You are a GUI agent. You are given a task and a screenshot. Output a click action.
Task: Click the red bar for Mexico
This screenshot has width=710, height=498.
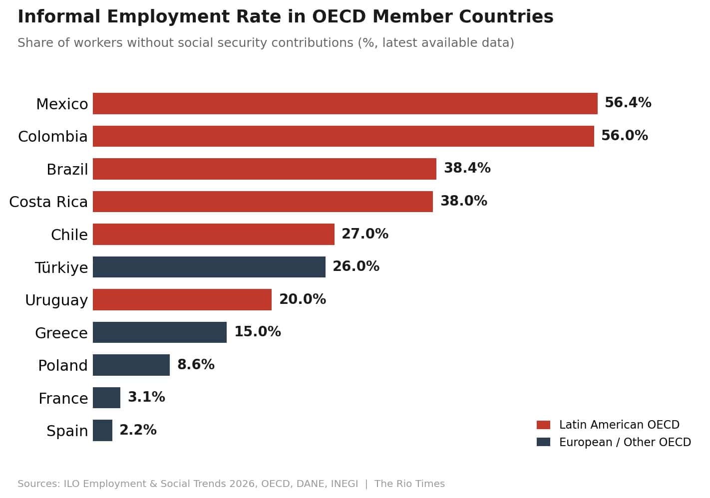345,104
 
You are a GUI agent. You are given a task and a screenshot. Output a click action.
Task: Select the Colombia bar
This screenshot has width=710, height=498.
344,136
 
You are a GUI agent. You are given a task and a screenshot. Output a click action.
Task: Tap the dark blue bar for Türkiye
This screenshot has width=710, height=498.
209,267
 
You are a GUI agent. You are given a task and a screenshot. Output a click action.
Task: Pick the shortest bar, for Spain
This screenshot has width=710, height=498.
102,430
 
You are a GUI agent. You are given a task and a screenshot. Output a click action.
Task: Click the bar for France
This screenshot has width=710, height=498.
106,398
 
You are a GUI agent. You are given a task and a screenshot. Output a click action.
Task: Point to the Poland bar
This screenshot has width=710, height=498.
131,365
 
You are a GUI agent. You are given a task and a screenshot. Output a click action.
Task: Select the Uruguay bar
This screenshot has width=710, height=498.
182,300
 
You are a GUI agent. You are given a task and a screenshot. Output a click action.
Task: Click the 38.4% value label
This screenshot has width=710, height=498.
467,168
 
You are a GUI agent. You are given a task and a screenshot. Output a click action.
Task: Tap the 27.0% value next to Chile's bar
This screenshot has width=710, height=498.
365,234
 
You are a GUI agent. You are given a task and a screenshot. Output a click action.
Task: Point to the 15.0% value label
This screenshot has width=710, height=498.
258,332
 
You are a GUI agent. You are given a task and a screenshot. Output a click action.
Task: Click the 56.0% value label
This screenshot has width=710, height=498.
625,135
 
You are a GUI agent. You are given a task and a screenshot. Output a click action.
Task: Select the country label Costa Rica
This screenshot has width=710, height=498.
48,202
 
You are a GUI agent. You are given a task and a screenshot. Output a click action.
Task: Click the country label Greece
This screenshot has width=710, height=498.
61,333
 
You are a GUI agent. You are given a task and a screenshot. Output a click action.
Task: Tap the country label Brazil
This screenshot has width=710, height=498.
67,169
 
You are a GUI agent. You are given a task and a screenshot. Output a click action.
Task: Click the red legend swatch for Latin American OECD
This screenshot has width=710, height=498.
543,425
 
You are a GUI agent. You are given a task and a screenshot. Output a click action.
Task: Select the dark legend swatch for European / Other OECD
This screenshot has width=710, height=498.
543,442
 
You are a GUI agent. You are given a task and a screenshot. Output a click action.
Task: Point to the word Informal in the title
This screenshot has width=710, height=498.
59,16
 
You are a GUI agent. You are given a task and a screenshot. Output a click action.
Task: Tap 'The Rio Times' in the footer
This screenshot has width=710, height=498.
409,484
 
